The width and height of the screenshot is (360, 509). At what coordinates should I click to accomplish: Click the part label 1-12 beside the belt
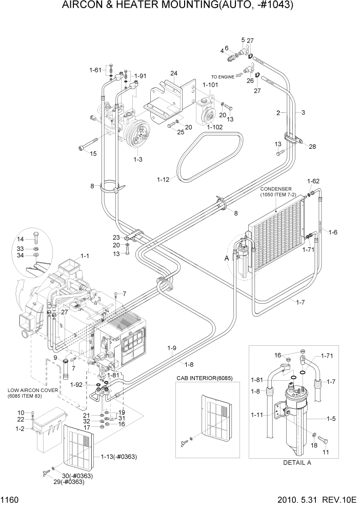click(x=164, y=179)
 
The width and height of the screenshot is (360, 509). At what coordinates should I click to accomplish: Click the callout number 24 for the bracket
click(x=174, y=73)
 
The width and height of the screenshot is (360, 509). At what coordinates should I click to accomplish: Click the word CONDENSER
click(x=277, y=188)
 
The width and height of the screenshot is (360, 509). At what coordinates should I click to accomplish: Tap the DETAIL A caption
click(x=298, y=462)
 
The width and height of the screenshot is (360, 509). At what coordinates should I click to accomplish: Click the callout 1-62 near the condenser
click(x=313, y=181)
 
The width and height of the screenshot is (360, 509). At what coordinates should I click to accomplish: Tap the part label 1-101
click(x=210, y=85)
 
